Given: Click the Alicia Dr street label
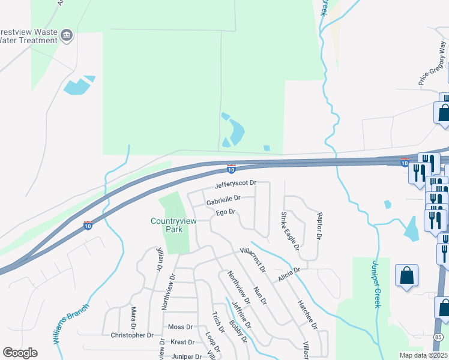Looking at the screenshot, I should click(x=288, y=274).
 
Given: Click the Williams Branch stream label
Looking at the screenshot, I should click(x=71, y=323).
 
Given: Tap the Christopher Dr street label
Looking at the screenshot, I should click(x=133, y=335).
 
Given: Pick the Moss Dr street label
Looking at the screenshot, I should click(x=180, y=327).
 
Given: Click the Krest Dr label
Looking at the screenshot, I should click(x=182, y=342).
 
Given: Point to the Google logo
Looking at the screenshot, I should click(x=20, y=353).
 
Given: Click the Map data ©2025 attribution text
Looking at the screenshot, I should click(x=423, y=355).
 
